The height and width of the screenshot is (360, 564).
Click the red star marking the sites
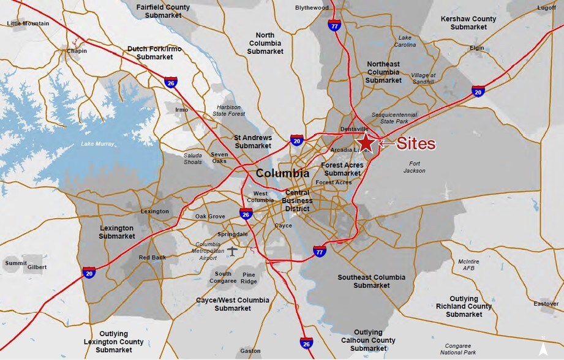click(x=366, y=143)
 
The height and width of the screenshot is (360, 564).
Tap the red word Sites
click(x=416, y=144)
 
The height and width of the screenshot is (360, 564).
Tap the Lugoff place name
click(x=547, y=8)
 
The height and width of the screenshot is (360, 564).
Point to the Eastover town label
click(x=546, y=304)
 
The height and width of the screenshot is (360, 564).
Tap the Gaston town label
click(x=250, y=351)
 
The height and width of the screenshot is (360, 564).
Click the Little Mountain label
click(x=28, y=23)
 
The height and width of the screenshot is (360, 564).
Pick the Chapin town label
click(x=77, y=51)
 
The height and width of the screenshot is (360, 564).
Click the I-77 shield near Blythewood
click(x=334, y=26)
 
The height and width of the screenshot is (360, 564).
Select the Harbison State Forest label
click(x=228, y=111)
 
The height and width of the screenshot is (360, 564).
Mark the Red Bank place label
click(x=152, y=258)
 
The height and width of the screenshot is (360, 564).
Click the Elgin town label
click(x=476, y=48)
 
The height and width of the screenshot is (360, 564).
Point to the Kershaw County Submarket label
click(x=468, y=23)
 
